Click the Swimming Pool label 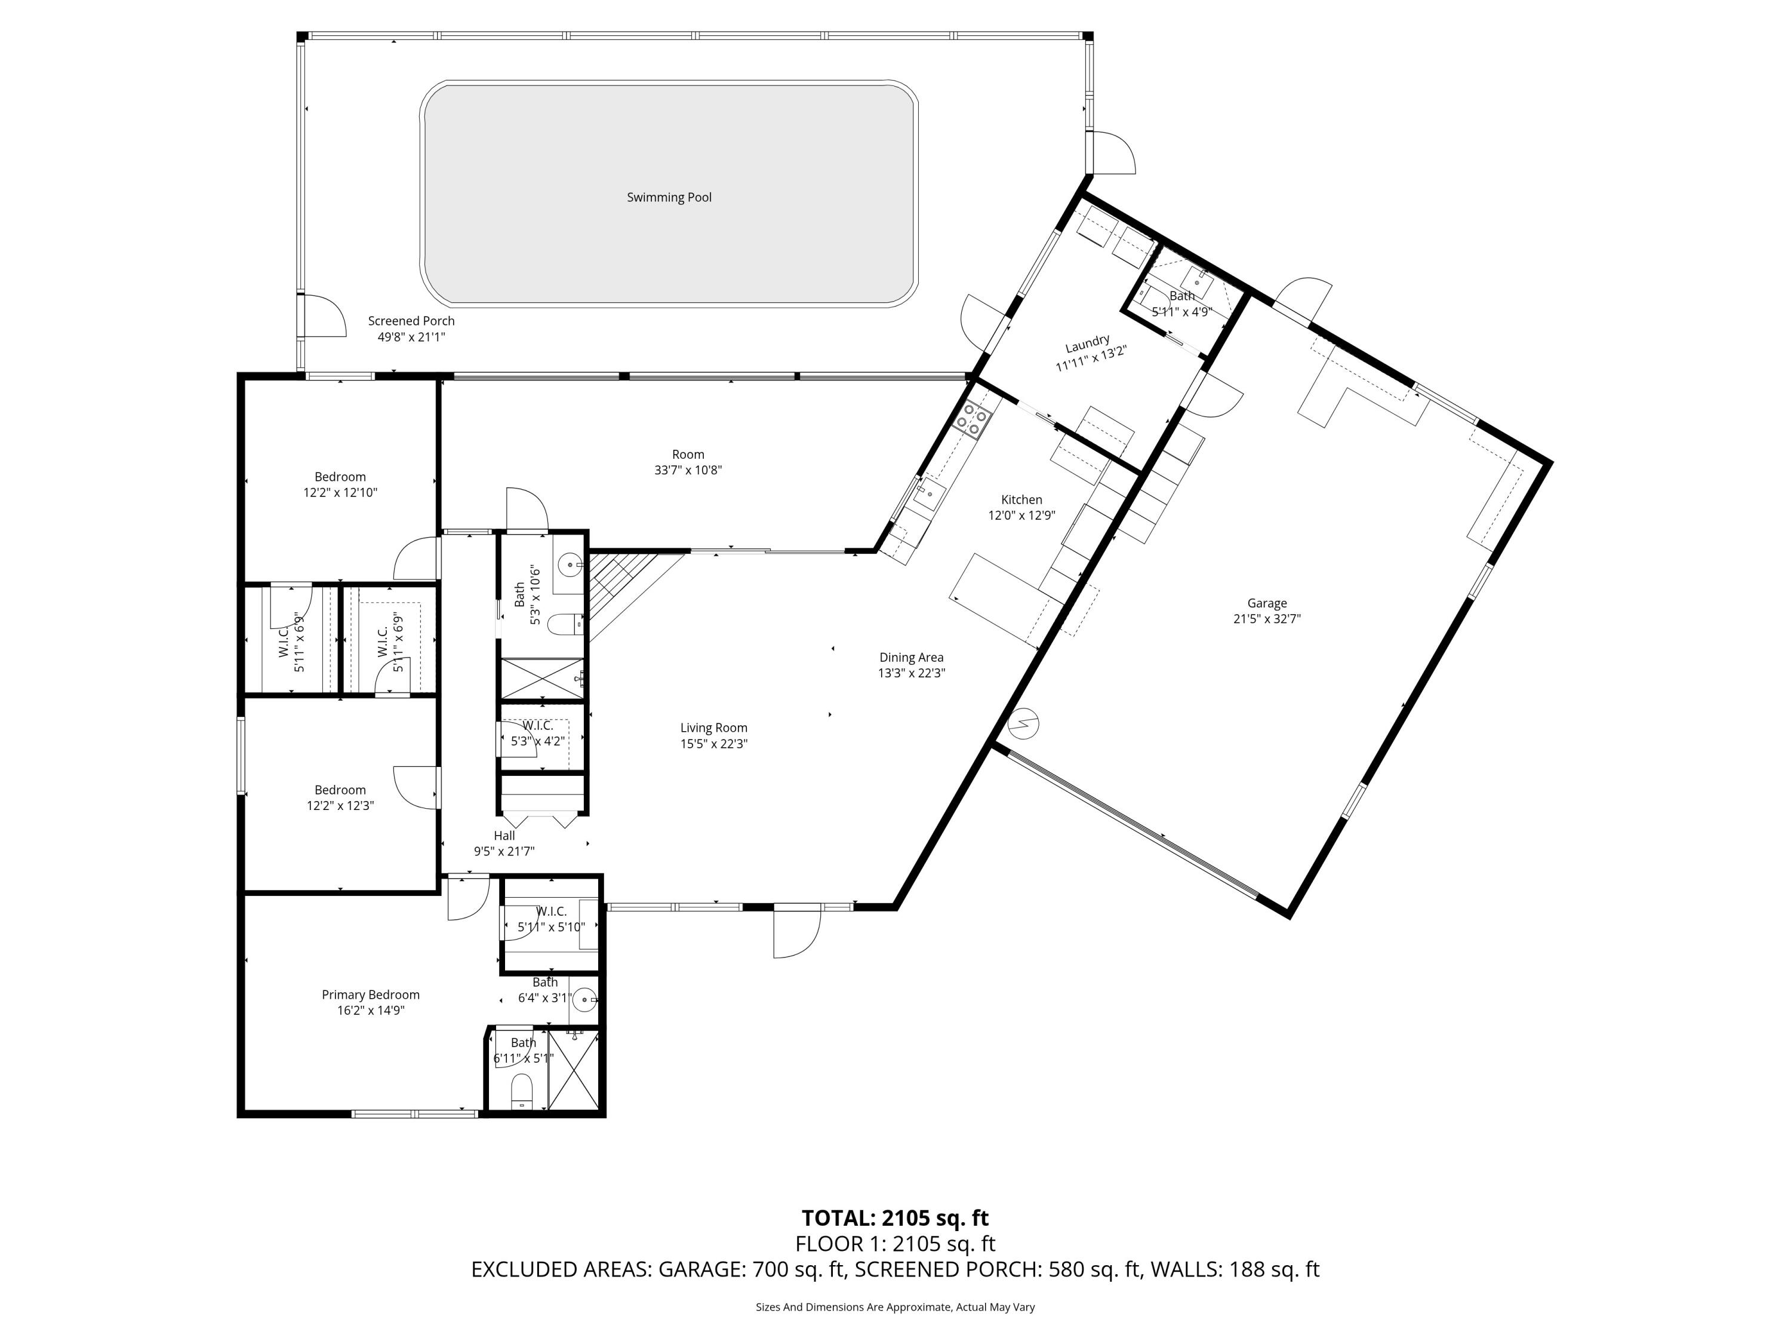(669, 198)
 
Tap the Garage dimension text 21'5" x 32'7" (1266, 619)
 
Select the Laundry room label (1087, 343)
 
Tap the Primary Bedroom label (370, 995)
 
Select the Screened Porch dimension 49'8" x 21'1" (411, 337)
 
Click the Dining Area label (911, 658)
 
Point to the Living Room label (713, 728)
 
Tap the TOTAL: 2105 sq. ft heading (895, 1217)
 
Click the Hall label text (504, 835)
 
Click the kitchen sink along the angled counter (929, 492)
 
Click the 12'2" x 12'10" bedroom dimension (340, 493)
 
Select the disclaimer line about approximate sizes (895, 1307)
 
